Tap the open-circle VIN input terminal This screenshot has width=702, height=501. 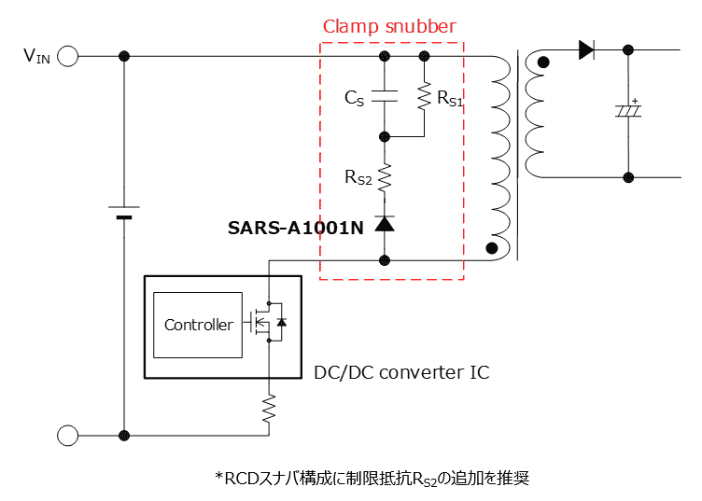pos(67,57)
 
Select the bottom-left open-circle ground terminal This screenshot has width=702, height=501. pos(67,436)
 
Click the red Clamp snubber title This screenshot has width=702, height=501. pos(389,27)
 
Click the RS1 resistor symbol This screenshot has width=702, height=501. pos(425,96)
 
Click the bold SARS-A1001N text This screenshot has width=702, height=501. pos(296,227)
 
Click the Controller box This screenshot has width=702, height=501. pos(199,325)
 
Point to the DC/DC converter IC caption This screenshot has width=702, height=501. pos(401,373)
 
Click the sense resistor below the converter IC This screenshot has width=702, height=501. pos(269,408)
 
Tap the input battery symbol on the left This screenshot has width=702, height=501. pos(124,212)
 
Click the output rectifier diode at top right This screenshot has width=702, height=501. pos(586,50)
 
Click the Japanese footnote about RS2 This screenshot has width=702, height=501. pos(372,478)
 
